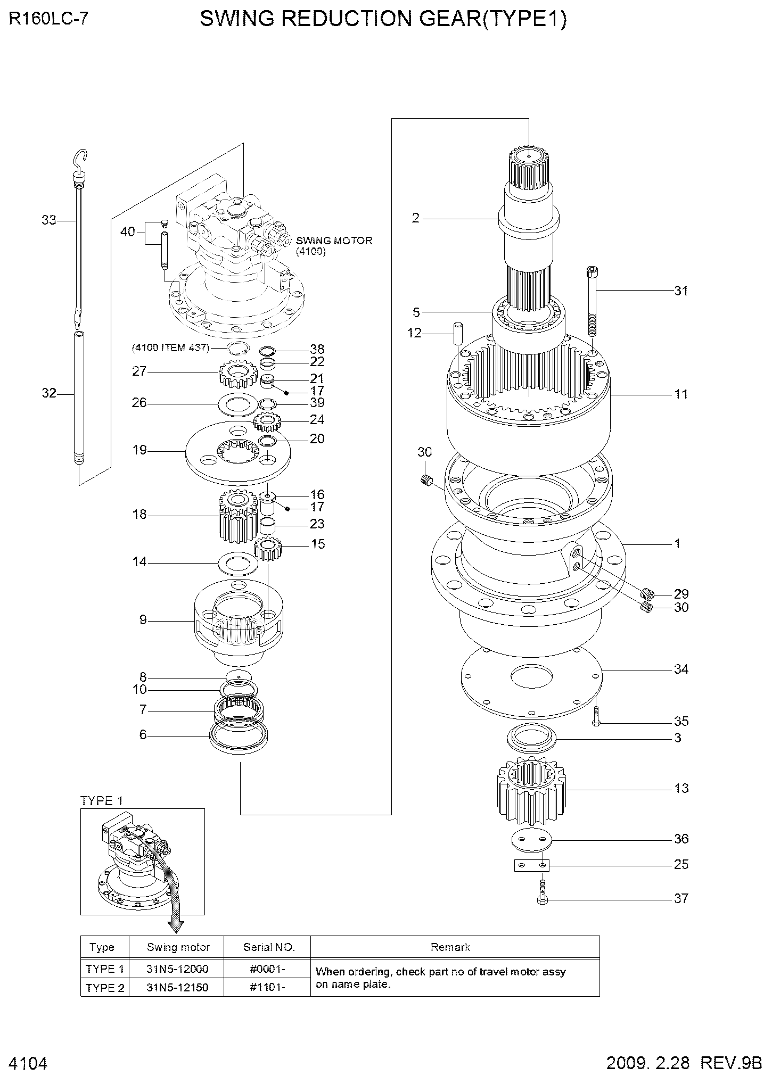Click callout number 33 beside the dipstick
49,220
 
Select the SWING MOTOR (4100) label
334,246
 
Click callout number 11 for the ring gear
681,394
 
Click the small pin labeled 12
457,333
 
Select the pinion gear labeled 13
531,788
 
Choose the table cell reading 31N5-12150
177,988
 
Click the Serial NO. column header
269,947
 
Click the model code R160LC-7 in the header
48,20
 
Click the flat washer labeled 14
238,562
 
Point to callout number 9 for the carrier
143,620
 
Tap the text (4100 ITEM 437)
171,348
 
